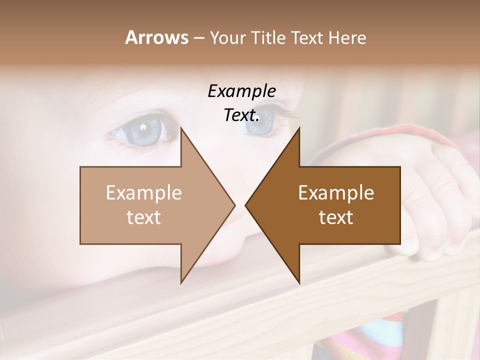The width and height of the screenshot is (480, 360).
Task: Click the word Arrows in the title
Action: (x=156, y=37)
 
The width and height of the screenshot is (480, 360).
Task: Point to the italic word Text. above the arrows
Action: (x=241, y=115)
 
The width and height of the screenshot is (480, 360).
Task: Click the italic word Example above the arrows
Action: (x=241, y=91)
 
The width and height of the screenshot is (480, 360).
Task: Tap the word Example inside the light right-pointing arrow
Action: (x=144, y=193)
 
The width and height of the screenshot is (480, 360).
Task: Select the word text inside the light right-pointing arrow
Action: (x=144, y=217)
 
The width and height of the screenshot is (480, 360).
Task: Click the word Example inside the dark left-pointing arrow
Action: (x=336, y=193)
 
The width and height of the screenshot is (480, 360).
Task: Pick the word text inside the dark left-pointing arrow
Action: (x=336, y=217)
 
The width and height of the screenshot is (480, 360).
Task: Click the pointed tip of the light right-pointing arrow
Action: (x=234, y=205)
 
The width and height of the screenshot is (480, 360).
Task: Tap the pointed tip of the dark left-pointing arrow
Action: (x=246, y=205)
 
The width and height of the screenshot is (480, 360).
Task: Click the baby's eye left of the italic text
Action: (x=142, y=131)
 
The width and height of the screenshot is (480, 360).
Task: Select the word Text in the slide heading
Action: (x=306, y=38)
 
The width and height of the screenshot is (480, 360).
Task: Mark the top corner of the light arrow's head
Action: (x=181, y=128)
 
